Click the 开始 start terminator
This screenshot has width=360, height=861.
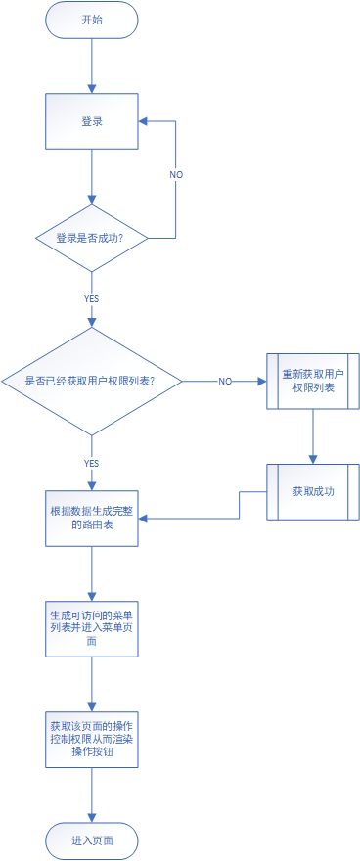(x=92, y=21)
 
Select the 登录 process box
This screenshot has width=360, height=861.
(x=92, y=121)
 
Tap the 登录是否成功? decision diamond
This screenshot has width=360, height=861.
(x=92, y=238)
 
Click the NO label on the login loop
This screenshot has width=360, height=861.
(x=176, y=174)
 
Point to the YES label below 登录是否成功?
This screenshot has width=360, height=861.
(x=91, y=297)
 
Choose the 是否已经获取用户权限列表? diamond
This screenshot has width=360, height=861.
(x=92, y=381)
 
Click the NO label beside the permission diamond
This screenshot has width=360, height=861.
(x=224, y=381)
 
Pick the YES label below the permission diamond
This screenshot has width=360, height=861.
(x=91, y=463)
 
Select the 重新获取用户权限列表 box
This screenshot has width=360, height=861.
(x=313, y=381)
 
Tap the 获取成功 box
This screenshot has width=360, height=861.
(x=313, y=491)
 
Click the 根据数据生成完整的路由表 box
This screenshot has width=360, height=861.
(x=92, y=519)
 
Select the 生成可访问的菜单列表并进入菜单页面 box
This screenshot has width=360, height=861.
(x=92, y=628)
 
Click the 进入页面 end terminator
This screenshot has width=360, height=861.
(x=92, y=840)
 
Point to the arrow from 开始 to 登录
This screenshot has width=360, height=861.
(x=92, y=65)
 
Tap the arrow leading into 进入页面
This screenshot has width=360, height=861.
(x=92, y=793)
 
